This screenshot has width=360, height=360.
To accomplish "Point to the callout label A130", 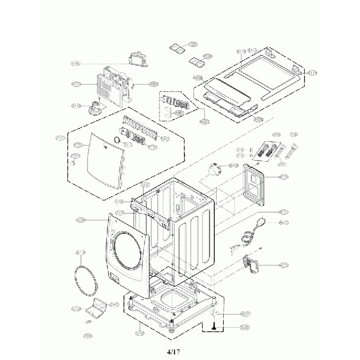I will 81,220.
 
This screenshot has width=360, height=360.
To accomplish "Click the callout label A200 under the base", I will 140,333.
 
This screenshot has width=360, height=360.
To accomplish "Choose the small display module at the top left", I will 136,59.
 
